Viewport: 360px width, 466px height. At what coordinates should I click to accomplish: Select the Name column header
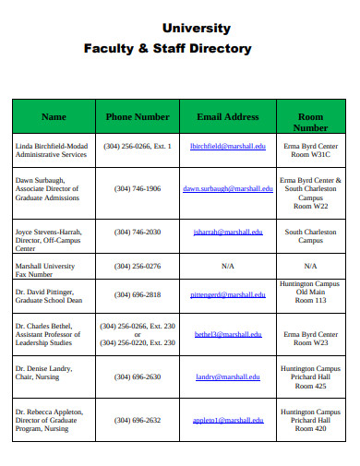click(x=54, y=117)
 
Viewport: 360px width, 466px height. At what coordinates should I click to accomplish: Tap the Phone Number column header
click(x=138, y=117)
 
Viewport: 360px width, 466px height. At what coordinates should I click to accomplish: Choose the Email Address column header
click(x=227, y=117)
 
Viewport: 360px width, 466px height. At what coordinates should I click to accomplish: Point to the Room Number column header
click(x=310, y=122)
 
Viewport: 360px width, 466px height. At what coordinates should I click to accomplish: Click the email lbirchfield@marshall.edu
click(x=227, y=146)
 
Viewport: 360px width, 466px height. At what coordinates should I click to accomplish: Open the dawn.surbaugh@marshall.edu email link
click(x=227, y=188)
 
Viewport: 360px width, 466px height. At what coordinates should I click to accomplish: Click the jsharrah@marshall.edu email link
click(x=227, y=233)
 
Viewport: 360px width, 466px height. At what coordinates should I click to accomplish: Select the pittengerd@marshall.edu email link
click(x=227, y=294)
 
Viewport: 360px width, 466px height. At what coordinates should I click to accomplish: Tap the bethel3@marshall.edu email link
click(x=227, y=334)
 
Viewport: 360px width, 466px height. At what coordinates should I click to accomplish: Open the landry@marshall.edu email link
click(x=227, y=376)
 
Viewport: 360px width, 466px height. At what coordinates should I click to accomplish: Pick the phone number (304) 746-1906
click(x=138, y=188)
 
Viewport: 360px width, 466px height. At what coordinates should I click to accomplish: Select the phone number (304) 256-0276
click(x=138, y=266)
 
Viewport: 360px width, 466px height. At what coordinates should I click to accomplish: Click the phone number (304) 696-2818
click(x=138, y=294)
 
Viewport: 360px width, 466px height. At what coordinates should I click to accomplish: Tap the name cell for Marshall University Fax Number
click(x=47, y=269)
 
